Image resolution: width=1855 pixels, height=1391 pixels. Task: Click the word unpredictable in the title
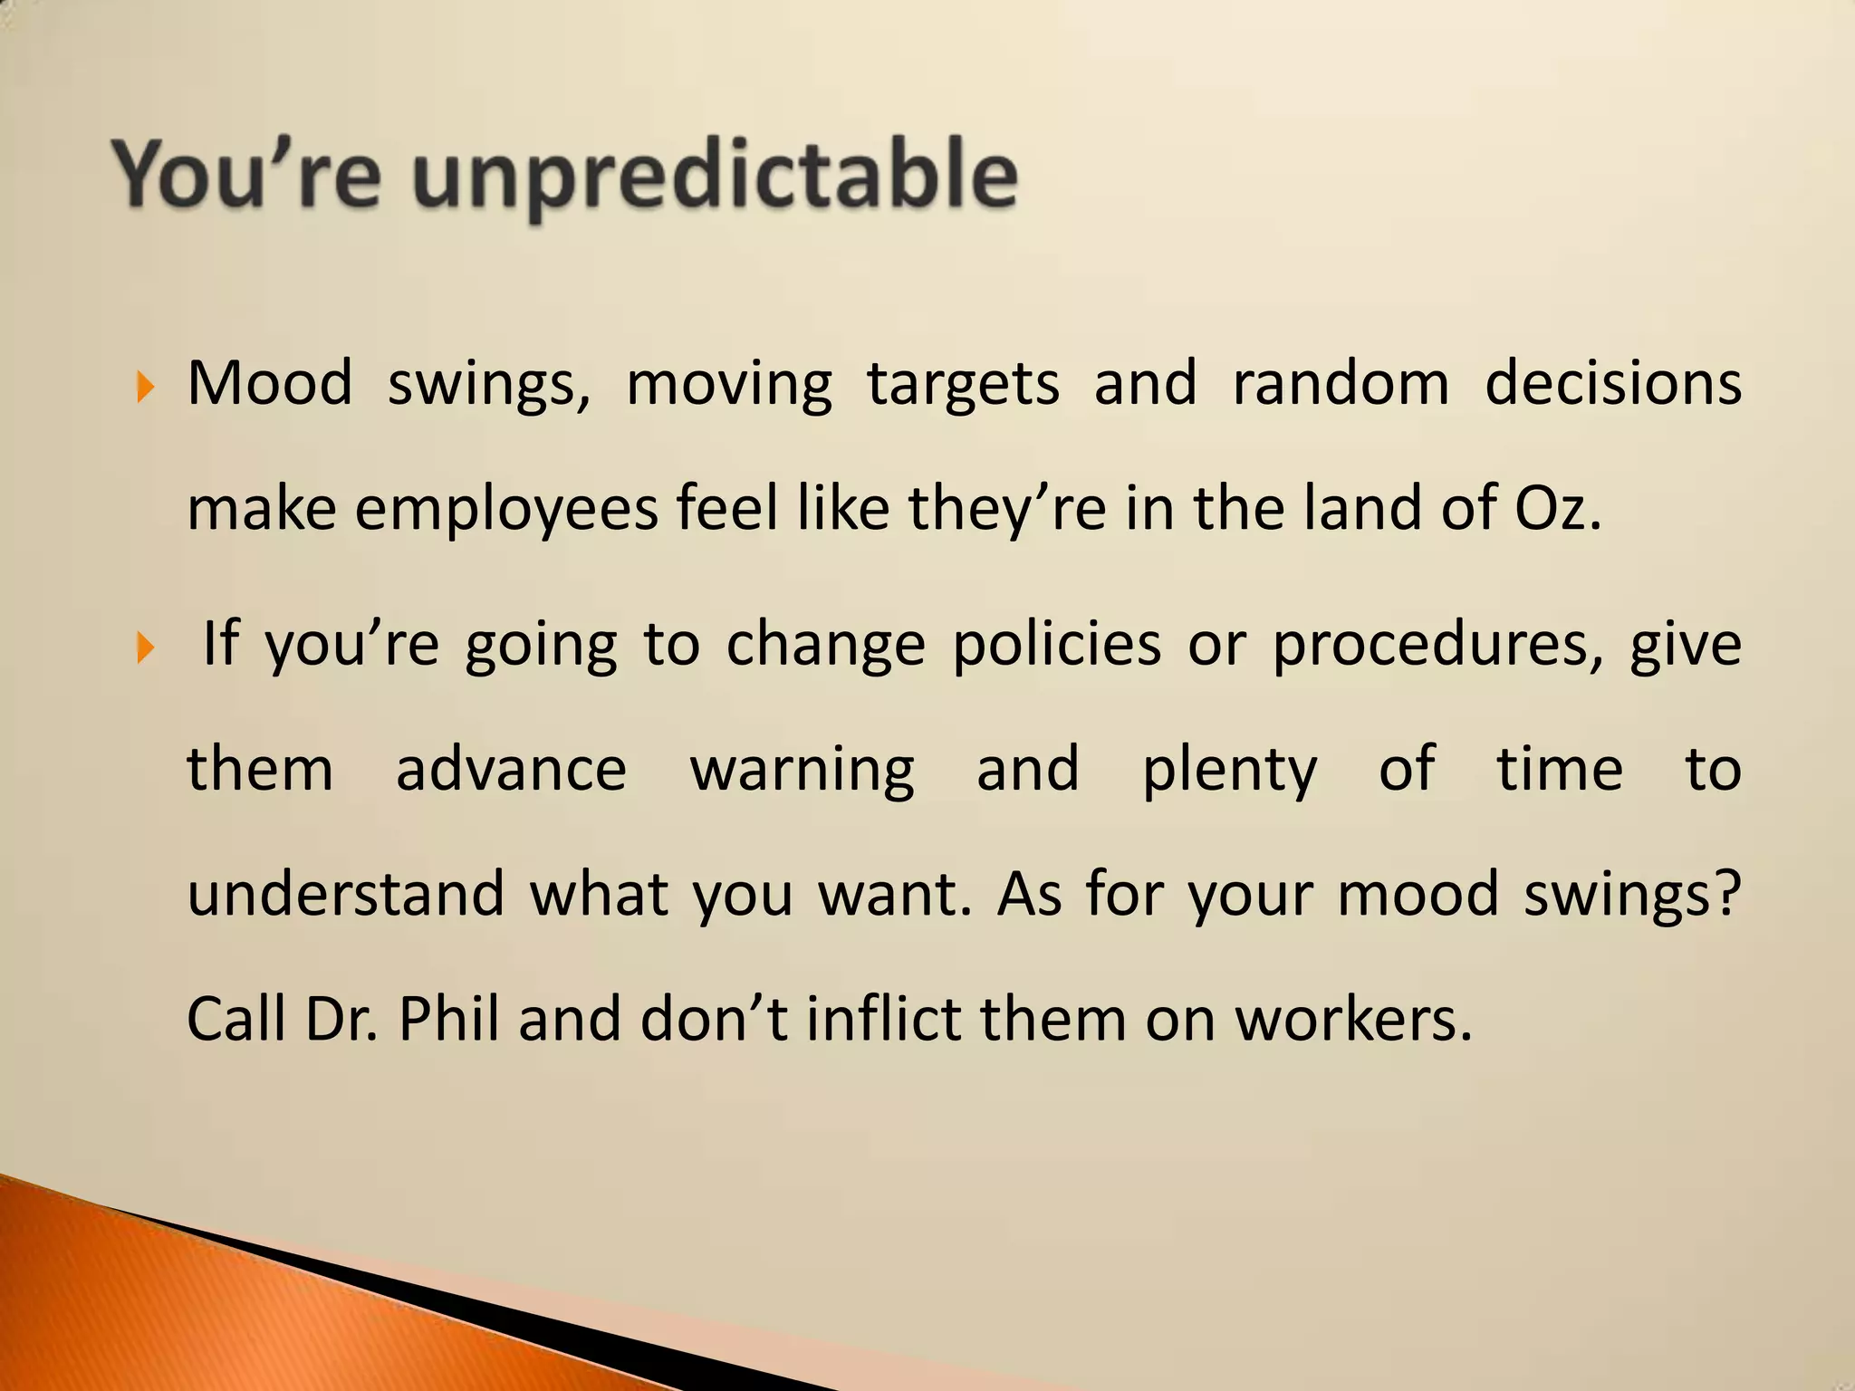(716, 177)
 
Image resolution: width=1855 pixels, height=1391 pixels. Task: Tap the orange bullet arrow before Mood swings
(145, 389)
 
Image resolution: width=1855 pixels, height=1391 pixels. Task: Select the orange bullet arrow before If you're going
(145, 648)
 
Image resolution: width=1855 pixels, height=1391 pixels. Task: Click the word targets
(963, 386)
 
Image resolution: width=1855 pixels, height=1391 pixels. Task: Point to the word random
(1341, 384)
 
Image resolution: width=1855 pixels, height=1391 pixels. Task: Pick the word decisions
(1612, 384)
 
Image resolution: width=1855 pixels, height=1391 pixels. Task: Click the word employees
(506, 511)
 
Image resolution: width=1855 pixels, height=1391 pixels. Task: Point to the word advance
(511, 770)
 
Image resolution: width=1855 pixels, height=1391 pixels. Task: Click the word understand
(345, 895)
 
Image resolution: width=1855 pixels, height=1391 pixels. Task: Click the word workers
(1354, 1020)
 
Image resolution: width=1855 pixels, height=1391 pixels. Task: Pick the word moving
(729, 386)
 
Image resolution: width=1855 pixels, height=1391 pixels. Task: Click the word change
(825, 647)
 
